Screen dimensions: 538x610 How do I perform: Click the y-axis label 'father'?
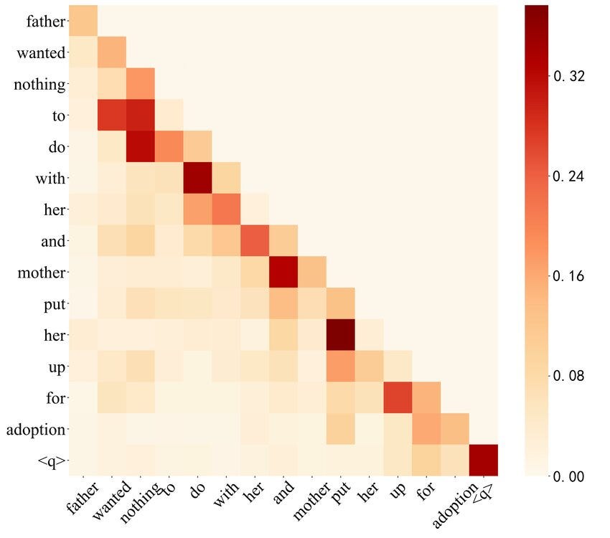[x=45, y=22]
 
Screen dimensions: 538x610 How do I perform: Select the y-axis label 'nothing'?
[x=39, y=85]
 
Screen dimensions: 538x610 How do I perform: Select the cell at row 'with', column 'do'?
[x=197, y=178]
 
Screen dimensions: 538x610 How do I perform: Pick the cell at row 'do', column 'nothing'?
[x=141, y=147]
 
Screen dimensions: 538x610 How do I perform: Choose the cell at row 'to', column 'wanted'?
[x=112, y=115]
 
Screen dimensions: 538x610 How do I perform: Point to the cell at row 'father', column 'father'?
[x=83, y=22]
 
